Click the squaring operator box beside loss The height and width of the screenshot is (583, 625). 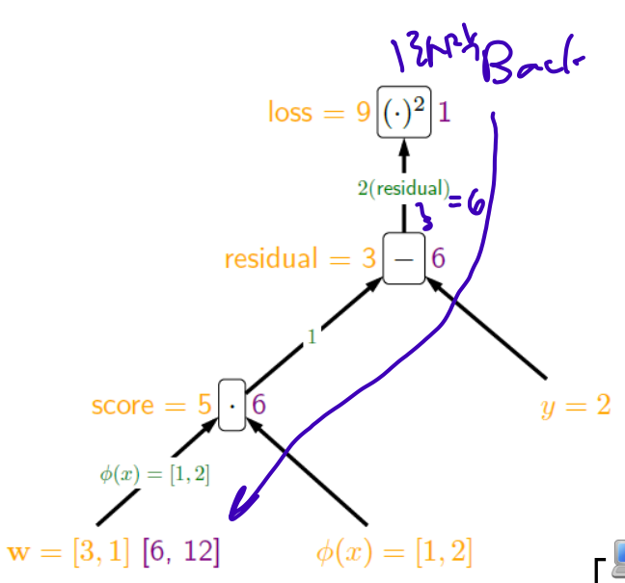click(x=403, y=114)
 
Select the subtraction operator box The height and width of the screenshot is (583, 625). click(x=404, y=258)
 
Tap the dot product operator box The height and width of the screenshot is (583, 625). click(x=232, y=405)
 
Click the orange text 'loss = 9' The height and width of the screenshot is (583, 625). click(x=319, y=113)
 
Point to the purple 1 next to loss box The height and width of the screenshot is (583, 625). click(x=445, y=113)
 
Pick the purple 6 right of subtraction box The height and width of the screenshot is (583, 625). click(x=438, y=258)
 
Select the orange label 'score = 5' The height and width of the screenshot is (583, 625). click(x=151, y=405)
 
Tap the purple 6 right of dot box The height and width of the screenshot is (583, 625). click(x=258, y=405)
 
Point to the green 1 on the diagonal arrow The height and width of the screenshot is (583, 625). click(x=312, y=337)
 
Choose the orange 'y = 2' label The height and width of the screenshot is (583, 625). click(x=576, y=405)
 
